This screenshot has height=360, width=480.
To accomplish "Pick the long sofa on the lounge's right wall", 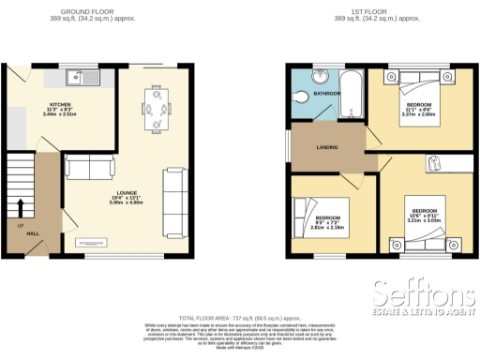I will pyautogui.click(x=174, y=202).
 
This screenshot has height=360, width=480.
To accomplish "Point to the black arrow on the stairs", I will pyautogui.click(x=20, y=206).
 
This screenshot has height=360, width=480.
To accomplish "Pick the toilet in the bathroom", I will pyautogui.click(x=302, y=97).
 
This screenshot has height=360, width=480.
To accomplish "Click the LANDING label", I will pyautogui.click(x=327, y=147).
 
